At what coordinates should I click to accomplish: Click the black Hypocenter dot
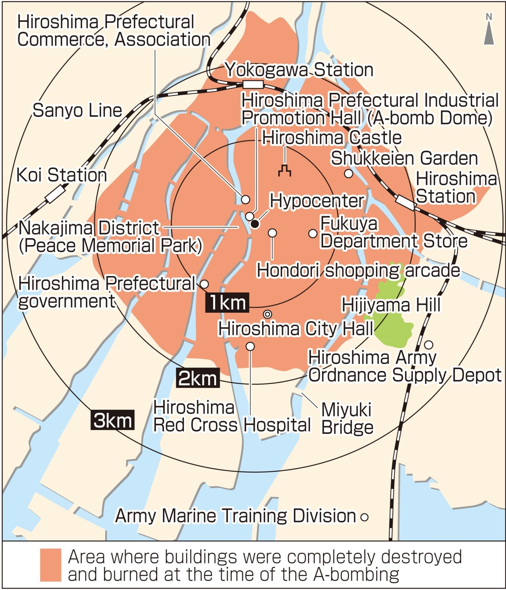[255, 224]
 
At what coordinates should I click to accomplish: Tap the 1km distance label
[227, 302]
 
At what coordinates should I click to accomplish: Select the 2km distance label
[198, 378]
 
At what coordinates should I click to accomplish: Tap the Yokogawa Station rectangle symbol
[253, 85]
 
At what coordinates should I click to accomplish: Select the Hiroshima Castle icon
[285, 171]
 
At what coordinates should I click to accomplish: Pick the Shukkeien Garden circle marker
[349, 174]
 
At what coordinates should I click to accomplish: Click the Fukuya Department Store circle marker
[313, 233]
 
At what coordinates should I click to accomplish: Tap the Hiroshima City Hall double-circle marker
[268, 314]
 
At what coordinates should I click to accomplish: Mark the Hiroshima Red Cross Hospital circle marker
[250, 346]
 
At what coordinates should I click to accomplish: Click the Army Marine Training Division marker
[365, 517]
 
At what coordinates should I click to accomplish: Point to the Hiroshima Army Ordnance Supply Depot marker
[429, 345]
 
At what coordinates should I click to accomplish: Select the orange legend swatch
[50, 565]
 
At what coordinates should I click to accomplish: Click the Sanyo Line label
[77, 110]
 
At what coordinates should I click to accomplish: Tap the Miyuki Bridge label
[347, 418]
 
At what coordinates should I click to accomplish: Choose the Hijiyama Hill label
[391, 305]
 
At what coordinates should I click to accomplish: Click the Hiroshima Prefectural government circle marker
[205, 284]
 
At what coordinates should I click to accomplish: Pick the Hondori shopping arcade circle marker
[272, 233]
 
